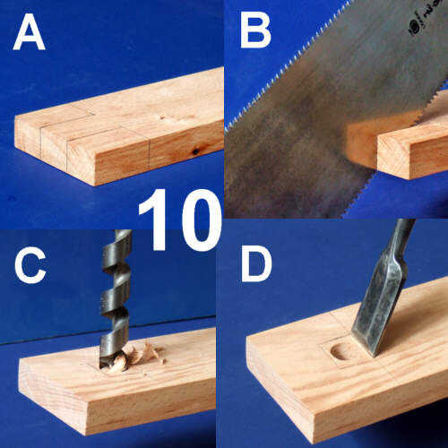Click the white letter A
[x=29, y=32]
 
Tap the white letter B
[x=255, y=30]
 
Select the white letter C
[x=30, y=265]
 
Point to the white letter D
[x=256, y=264]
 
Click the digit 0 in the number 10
[x=199, y=220]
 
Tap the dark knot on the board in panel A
[x=195, y=151]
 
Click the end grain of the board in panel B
[x=392, y=157]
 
